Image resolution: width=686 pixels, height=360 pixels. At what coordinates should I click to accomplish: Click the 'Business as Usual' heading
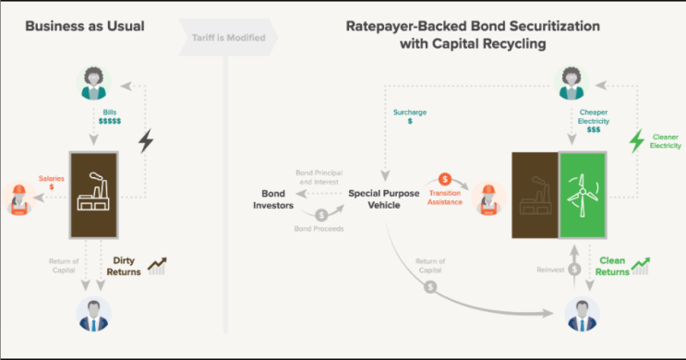(85, 26)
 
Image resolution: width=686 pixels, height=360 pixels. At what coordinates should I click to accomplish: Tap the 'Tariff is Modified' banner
(230, 37)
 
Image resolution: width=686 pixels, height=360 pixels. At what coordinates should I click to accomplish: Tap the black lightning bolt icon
(146, 141)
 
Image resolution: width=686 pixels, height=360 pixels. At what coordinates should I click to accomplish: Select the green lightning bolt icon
(635, 141)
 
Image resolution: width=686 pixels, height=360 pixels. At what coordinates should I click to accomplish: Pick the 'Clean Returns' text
(614, 266)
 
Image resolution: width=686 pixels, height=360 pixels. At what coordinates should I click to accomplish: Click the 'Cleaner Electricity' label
(664, 141)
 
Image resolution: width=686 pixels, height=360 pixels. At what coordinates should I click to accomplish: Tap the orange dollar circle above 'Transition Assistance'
(444, 178)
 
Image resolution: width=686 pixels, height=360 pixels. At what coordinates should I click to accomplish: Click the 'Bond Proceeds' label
(317, 228)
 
